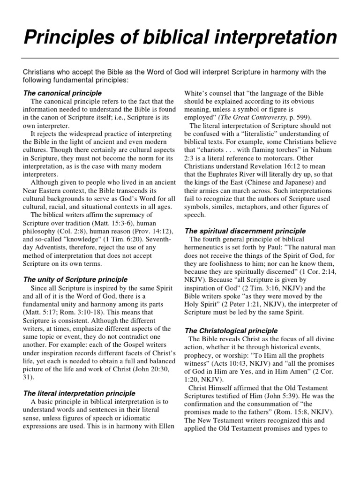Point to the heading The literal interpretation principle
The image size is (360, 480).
(79, 393)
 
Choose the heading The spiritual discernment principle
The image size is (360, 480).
(245, 231)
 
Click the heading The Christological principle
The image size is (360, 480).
(232, 330)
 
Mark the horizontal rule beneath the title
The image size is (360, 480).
(180, 58)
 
